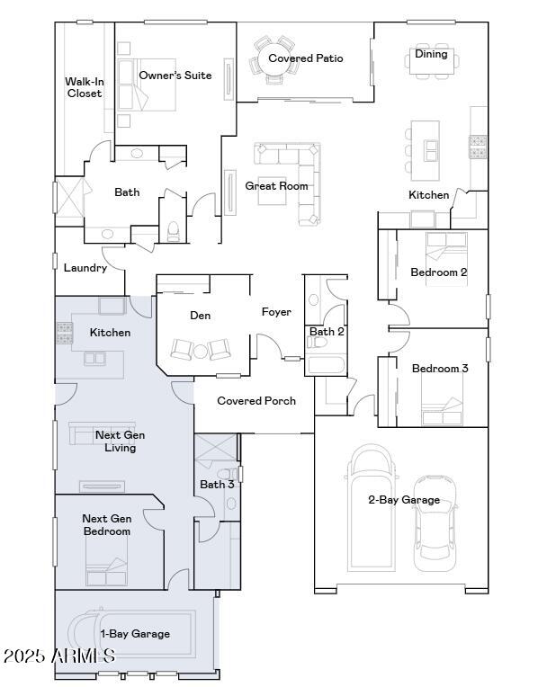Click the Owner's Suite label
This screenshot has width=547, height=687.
pos(175,76)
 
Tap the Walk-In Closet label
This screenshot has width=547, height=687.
pos(85,87)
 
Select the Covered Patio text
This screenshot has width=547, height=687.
pos(306,58)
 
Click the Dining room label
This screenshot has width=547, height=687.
pos(431,54)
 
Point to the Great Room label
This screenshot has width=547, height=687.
pos(276,186)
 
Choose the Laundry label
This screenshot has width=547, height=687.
pos(85,267)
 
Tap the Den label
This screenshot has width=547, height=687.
pos(200,316)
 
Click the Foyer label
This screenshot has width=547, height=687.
pos(276,312)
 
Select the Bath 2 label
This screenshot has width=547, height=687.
pos(327,332)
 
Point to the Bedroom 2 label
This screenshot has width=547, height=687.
pos(439,272)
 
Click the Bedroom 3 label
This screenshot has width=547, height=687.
pos(440,368)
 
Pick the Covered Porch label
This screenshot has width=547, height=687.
pos(256,401)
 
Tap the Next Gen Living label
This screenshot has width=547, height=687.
pos(120,442)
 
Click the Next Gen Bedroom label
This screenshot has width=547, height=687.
pos(106,525)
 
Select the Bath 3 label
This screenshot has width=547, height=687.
pos(217,485)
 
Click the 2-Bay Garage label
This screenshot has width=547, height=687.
pos(404,500)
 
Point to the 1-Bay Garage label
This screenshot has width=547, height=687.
pos(135,634)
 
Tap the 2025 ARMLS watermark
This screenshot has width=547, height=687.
pos(58,657)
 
